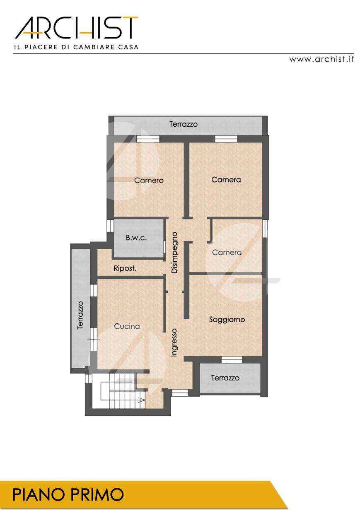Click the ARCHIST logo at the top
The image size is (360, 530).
[x=76, y=28]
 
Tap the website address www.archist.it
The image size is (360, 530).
[x=321, y=59]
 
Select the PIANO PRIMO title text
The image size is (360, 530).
[x=68, y=494]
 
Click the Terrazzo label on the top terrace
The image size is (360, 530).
[x=184, y=124]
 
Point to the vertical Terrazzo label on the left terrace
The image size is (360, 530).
[x=80, y=315]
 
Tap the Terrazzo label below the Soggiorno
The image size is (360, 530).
[x=225, y=378]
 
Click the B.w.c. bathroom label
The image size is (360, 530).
[x=136, y=238]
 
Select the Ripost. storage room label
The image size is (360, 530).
[x=125, y=269]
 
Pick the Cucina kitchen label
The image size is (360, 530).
[x=127, y=326]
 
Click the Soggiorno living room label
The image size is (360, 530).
[x=227, y=320]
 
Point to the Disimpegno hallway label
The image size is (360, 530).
[x=174, y=253]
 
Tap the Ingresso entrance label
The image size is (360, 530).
[x=174, y=342]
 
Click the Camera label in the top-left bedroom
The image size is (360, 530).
[x=149, y=180]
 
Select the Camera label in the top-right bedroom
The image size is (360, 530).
[x=226, y=180]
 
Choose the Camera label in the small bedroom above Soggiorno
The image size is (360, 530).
[x=227, y=253]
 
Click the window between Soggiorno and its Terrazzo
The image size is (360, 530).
[x=232, y=360]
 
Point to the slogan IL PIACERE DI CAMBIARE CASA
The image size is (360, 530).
[x=76, y=47]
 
